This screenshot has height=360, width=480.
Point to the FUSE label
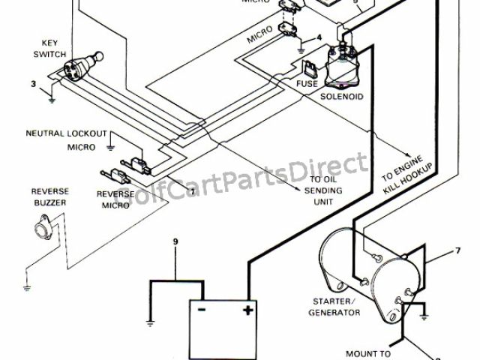point(305,85)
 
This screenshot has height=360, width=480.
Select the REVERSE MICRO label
point(115,199)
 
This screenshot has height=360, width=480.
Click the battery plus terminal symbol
point(247,310)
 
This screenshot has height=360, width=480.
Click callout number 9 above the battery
point(175,242)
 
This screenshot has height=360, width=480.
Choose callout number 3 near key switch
point(33,84)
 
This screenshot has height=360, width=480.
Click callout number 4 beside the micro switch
point(319,37)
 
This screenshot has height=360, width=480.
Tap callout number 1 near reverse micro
point(193,191)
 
